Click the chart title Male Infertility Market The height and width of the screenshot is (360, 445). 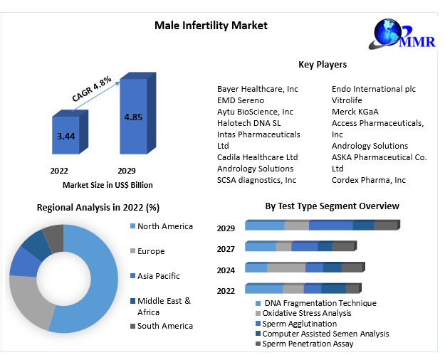[211, 26]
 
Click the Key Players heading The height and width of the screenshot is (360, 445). [322, 65]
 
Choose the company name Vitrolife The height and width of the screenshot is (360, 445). [347, 100]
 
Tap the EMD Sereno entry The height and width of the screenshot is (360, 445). [240, 100]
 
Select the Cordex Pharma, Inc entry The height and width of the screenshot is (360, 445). [368, 180]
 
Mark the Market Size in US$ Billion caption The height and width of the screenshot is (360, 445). [108, 185]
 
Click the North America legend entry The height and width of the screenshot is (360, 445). [164, 226]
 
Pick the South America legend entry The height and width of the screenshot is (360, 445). [164, 326]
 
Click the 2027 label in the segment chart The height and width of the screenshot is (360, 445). [226, 248]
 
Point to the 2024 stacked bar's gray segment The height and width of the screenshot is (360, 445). [286, 268]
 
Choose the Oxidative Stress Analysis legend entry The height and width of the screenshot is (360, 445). [306, 313]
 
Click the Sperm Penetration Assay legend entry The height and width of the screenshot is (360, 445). [308, 344]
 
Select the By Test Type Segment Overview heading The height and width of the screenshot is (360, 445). [332, 206]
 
